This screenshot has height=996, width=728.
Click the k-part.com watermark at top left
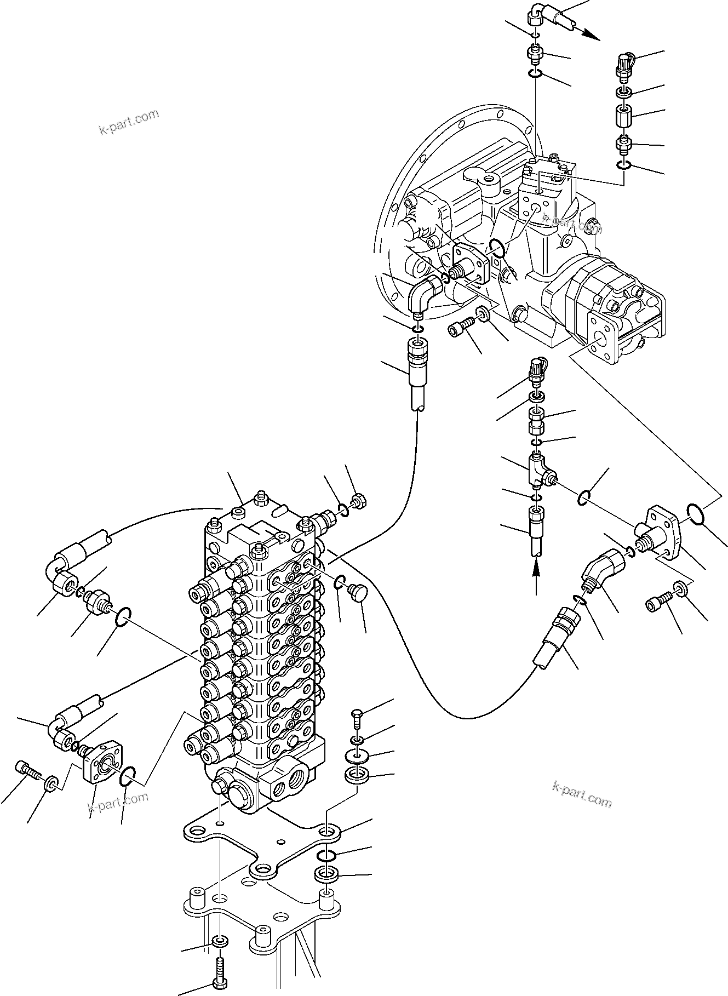point(129,122)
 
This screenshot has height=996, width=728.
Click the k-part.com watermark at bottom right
point(582,801)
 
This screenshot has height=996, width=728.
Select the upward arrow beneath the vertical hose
point(536,573)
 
